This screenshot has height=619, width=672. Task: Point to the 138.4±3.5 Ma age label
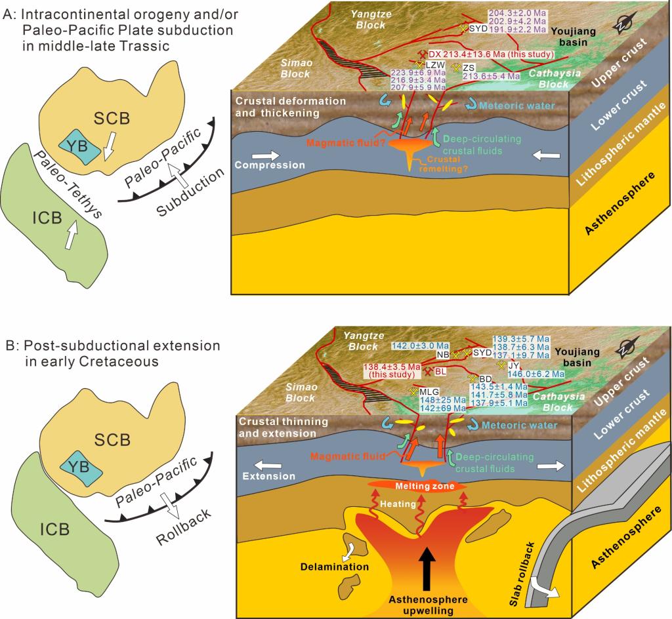tap(389, 370)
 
